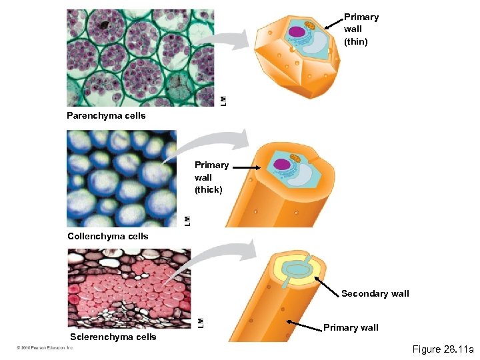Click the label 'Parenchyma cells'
pos(106,116)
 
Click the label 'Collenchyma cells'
pos(108,236)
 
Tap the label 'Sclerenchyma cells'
pos(113,337)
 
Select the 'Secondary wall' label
pos(375,293)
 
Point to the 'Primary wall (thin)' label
pos(361,29)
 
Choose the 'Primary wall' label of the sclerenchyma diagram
pos(351,327)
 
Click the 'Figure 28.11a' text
pos(443,349)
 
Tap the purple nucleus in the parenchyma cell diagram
pos(297,31)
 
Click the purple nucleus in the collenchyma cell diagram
pos(282,164)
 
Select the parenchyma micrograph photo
pos(141,58)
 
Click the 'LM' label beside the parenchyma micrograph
pos(223,100)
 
